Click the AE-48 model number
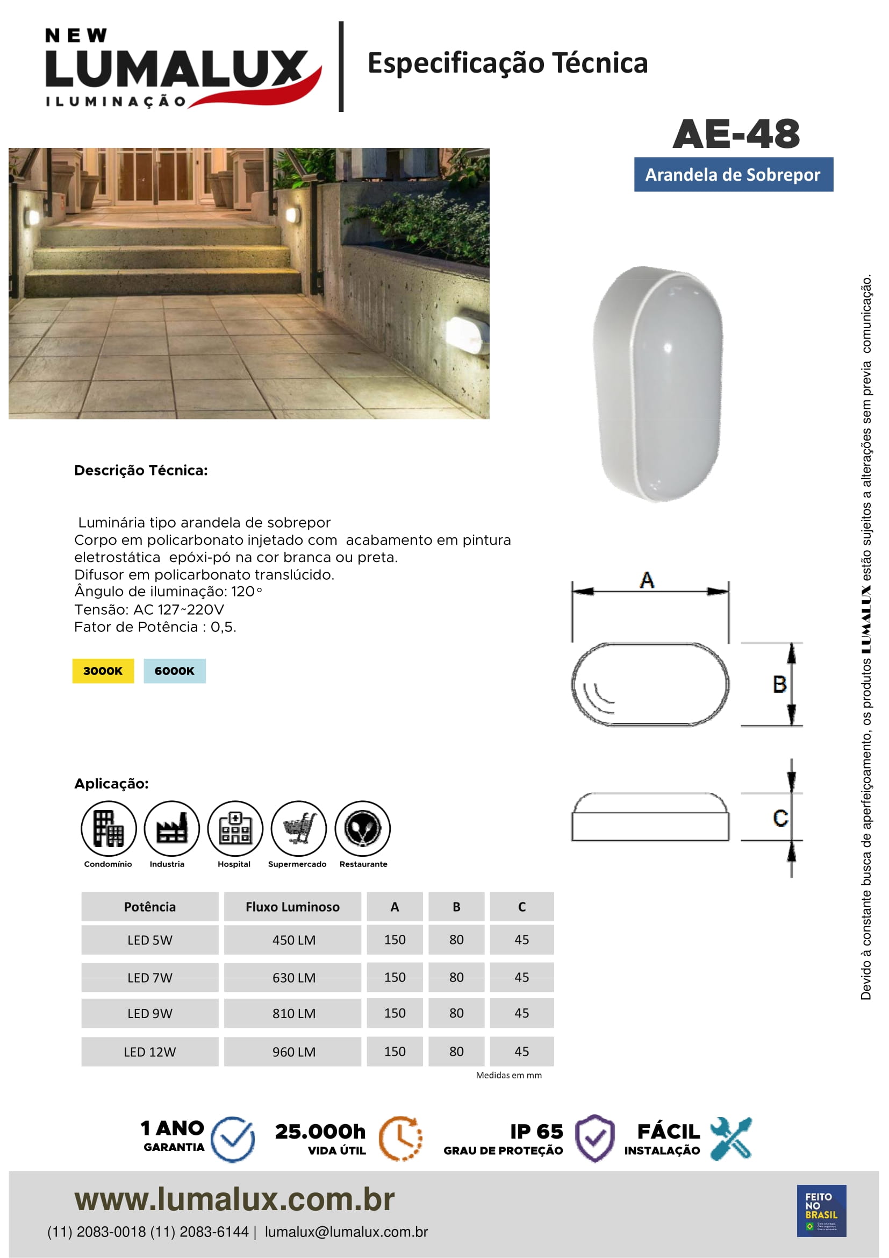tap(736, 134)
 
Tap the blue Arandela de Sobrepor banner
tap(733, 175)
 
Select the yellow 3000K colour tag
tap(103, 671)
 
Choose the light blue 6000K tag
tap(175, 671)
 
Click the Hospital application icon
tap(235, 828)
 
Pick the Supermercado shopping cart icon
tap(298, 828)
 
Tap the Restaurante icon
tap(362, 828)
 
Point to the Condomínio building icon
tap(109, 828)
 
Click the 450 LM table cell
tap(293, 940)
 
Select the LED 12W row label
tap(149, 1052)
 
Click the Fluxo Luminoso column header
tap(292, 907)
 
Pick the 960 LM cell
tap(293, 1052)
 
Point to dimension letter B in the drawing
tap(779, 684)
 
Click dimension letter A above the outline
tap(647, 580)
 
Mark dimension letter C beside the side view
tap(780, 818)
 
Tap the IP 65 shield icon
tap(595, 1139)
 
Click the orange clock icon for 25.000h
tap(401, 1139)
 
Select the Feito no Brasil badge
tap(821, 1211)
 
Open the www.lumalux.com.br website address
tap(234, 1199)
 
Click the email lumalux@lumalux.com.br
tap(346, 1232)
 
